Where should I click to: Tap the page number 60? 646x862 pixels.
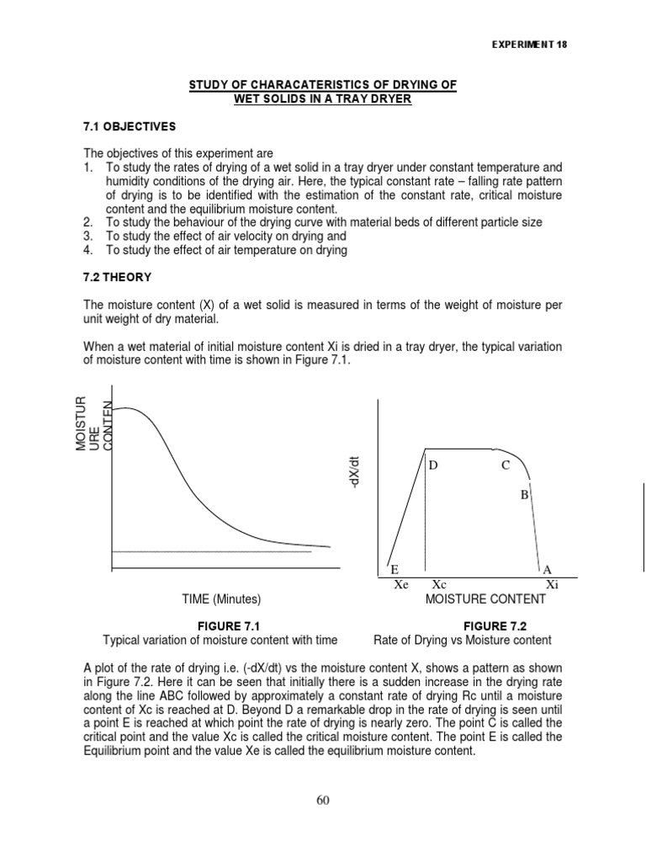click(323, 800)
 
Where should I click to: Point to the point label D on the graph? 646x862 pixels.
click(434, 466)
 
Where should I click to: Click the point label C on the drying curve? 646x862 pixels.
click(506, 466)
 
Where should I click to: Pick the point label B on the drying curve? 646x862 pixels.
click(523, 495)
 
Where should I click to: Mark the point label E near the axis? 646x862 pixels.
click(394, 570)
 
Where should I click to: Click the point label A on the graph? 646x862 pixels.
click(548, 570)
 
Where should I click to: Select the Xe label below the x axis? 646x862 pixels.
click(401, 584)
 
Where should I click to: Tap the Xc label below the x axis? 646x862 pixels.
click(439, 584)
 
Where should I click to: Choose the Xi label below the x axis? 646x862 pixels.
click(551, 584)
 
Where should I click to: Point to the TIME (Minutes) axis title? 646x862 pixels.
click(222, 599)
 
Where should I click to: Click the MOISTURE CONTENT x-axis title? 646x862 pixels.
click(485, 599)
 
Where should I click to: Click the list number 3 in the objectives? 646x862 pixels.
click(87, 237)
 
